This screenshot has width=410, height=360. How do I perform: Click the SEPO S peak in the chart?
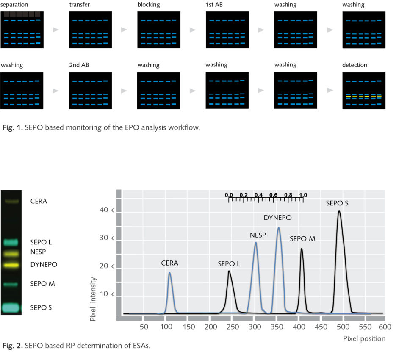(339, 212)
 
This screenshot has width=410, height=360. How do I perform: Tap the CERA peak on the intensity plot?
(169, 273)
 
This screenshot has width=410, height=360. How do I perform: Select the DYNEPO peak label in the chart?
(278, 218)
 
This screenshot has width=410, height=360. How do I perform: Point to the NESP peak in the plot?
(256, 243)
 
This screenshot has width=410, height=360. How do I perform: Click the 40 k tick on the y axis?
(106, 210)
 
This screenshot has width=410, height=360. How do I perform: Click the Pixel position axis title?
(364, 338)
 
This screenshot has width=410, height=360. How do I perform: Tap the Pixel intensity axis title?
(93, 299)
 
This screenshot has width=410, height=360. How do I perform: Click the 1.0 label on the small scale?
(303, 195)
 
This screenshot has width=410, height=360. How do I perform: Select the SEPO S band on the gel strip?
(11, 307)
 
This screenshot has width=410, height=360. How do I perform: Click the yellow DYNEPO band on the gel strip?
(11, 265)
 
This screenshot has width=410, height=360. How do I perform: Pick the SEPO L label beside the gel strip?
(41, 243)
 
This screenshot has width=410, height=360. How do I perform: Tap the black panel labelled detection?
(363, 91)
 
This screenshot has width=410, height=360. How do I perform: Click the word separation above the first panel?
(14, 5)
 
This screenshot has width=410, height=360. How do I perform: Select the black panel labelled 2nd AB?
(90, 91)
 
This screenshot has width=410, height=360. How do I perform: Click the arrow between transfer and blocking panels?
(124, 30)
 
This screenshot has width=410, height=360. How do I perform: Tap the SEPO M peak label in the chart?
(302, 239)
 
